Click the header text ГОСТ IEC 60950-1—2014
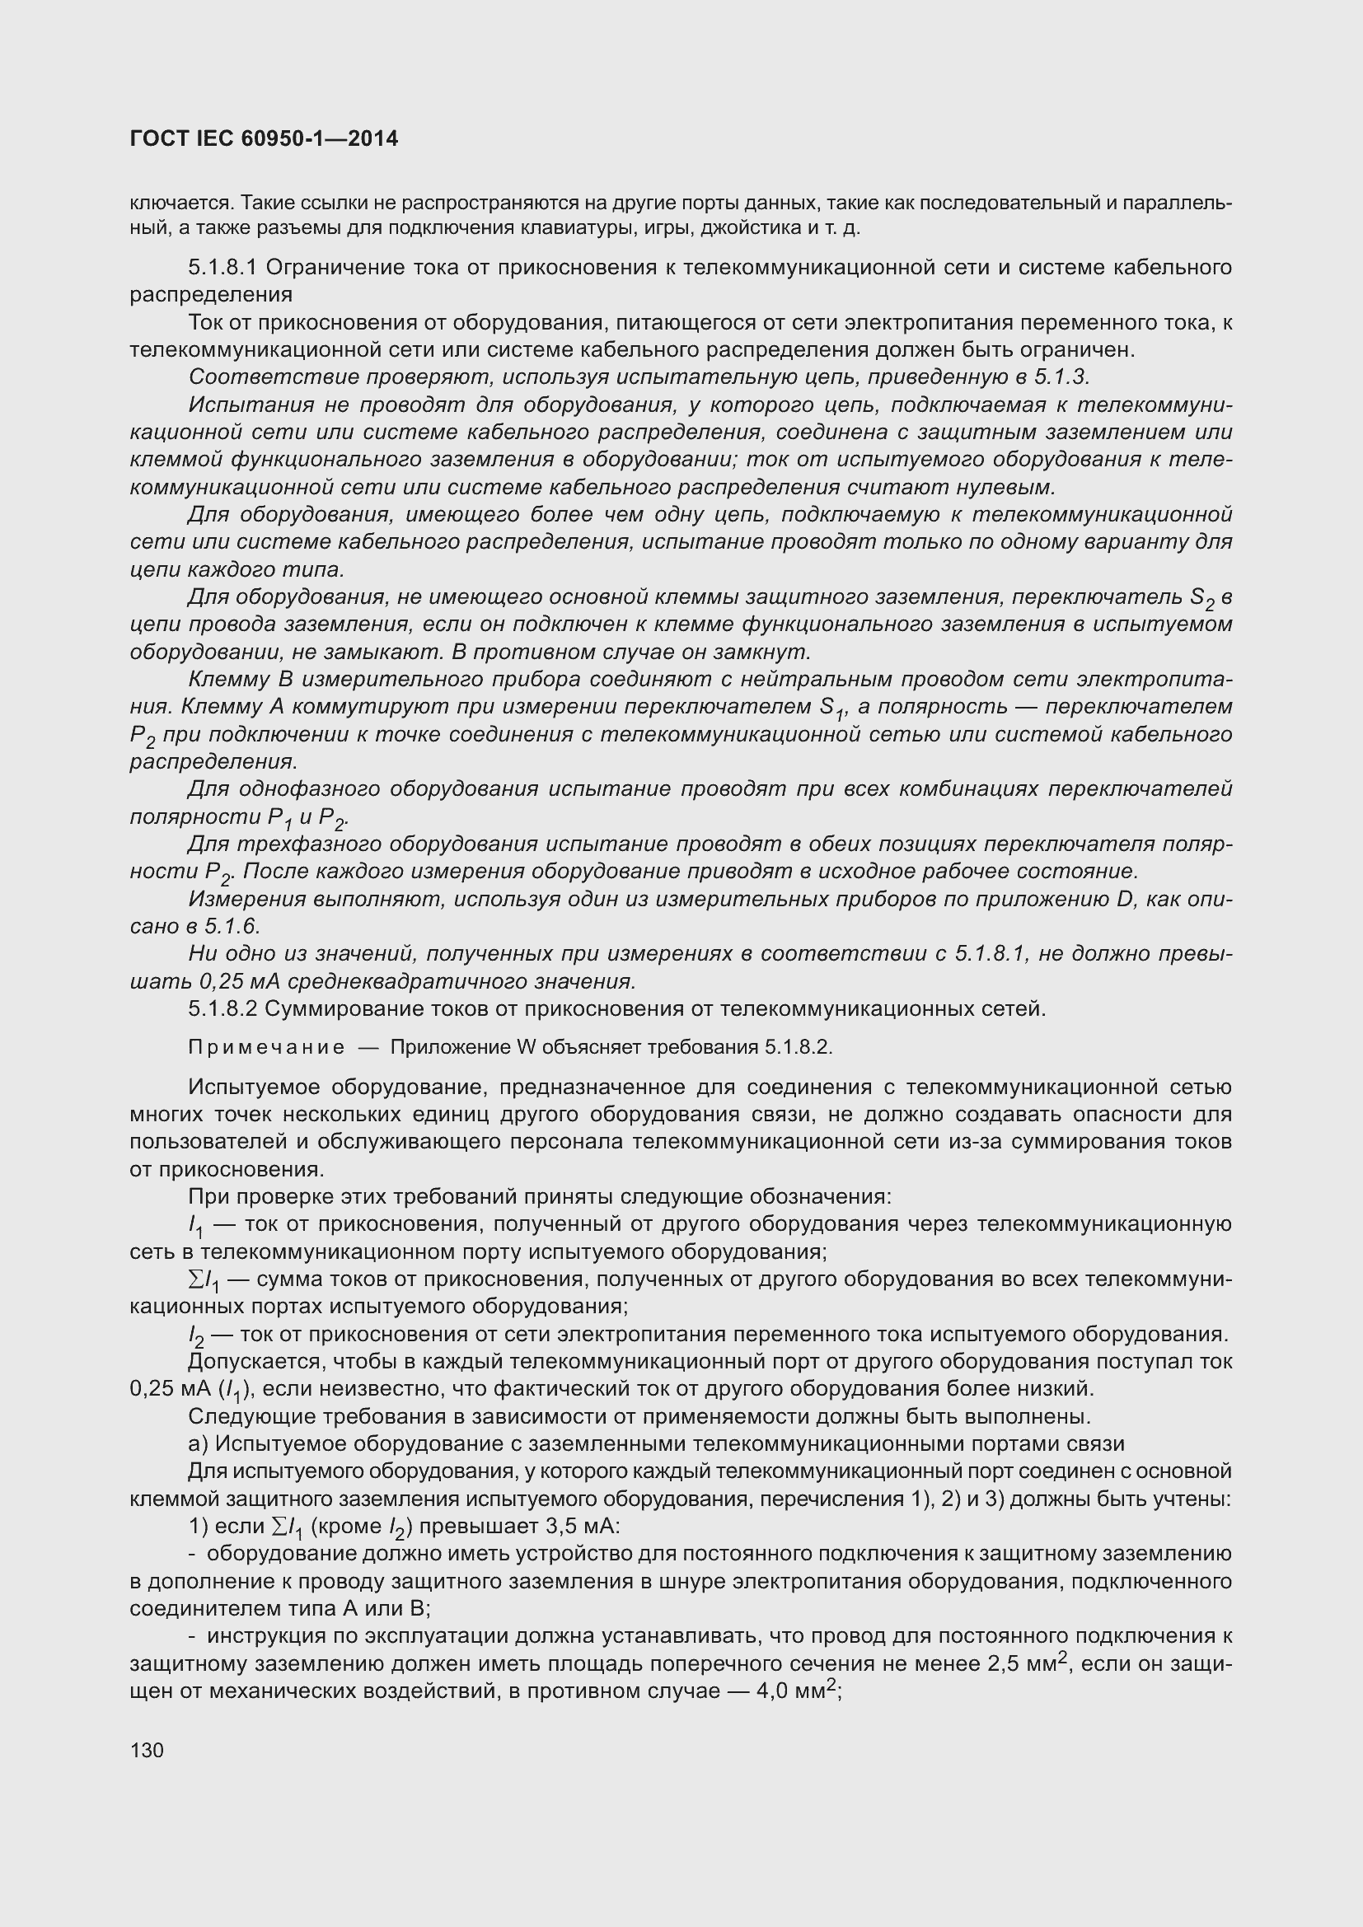(264, 139)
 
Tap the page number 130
(147, 1750)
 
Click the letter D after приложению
(1125, 899)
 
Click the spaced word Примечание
(266, 1047)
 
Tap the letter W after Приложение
(527, 1047)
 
